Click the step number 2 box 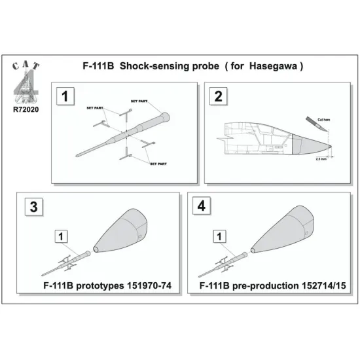pyautogui.click(x=217, y=96)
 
